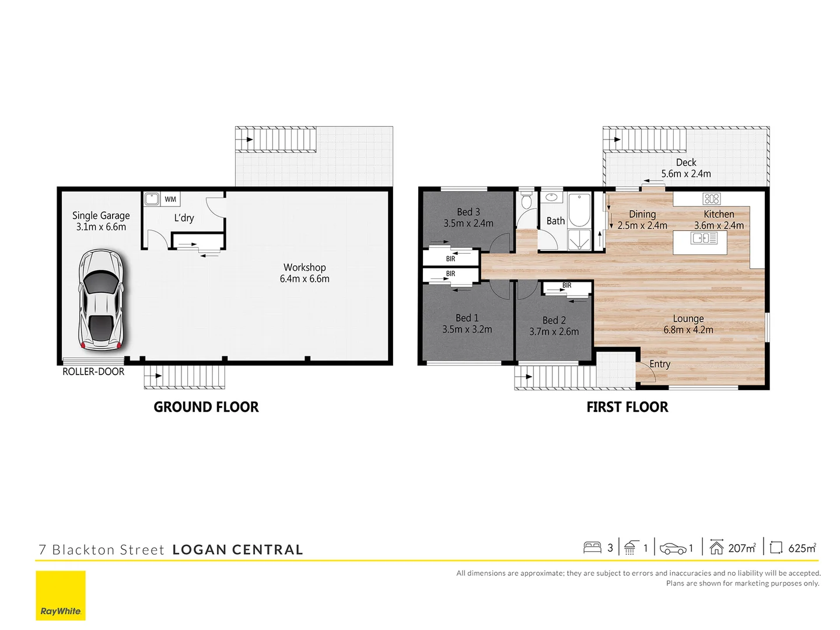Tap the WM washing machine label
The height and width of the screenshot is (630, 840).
[170, 199]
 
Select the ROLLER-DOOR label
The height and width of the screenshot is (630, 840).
[93, 372]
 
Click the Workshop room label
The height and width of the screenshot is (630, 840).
[304, 267]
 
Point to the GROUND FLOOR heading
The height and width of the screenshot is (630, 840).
[206, 407]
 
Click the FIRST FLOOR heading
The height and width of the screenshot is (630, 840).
[627, 407]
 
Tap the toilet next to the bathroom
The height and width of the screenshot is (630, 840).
[527, 202]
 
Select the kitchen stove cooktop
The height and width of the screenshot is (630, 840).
[711, 198]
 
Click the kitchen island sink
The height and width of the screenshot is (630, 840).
[704, 238]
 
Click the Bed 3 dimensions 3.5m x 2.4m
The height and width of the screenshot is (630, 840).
[468, 223]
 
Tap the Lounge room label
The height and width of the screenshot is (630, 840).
[688, 318]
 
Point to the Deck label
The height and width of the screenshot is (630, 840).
[686, 162]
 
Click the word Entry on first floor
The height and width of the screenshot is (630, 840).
[660, 364]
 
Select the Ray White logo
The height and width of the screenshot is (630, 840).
[61, 596]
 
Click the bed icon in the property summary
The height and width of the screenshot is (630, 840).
[592, 548]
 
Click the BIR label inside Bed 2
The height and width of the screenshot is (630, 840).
[567, 286]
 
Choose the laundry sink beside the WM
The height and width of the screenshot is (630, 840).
[152, 199]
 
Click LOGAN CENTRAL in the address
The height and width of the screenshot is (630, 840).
[238, 549]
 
